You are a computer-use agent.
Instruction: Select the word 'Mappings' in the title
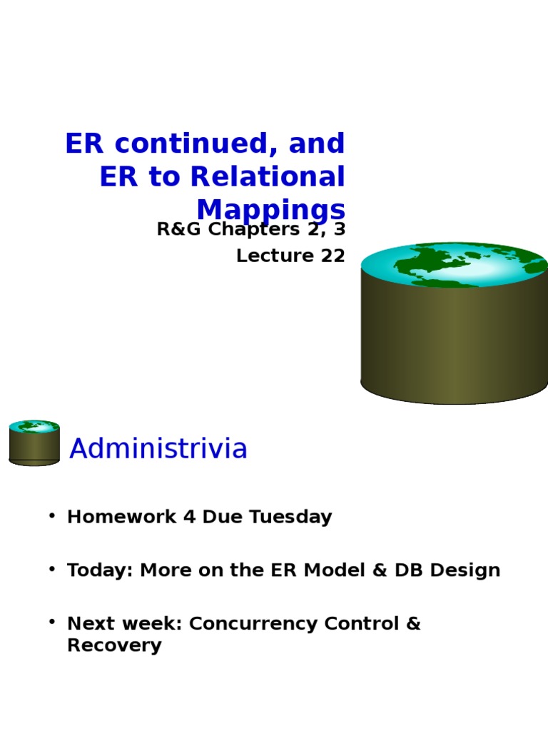(270, 210)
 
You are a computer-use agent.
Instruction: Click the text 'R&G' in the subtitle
(178, 230)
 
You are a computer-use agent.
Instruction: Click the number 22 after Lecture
(333, 256)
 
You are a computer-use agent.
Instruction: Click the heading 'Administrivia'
(158, 449)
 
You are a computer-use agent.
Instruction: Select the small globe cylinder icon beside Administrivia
(34, 443)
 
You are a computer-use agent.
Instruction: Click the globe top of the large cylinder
(455, 265)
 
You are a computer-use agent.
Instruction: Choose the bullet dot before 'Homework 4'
(52, 515)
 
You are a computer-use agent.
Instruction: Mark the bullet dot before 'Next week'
(52, 622)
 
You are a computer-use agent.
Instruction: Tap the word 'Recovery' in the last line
(114, 646)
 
